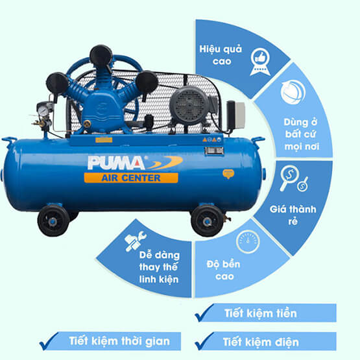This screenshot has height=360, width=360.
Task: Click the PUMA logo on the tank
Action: point(135,163)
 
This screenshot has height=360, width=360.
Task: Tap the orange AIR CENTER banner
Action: point(131,178)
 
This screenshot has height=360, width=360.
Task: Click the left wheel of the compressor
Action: point(53,221)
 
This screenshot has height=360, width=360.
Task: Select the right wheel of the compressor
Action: point(208,221)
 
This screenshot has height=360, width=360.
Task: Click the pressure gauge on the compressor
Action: point(43,111)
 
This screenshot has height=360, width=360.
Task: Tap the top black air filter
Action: point(101,56)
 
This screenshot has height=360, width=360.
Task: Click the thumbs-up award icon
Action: point(260,62)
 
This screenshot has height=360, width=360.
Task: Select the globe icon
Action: point(293,92)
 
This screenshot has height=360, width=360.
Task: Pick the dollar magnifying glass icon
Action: point(293,178)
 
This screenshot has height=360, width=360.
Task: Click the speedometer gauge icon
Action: point(248,241)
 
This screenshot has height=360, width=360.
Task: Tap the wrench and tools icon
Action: point(135,241)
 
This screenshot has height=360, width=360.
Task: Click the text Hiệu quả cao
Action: point(221,55)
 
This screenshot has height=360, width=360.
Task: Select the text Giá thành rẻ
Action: point(293,215)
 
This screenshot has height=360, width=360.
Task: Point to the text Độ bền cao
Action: point(223,270)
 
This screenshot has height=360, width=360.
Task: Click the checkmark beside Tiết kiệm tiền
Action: point(204,313)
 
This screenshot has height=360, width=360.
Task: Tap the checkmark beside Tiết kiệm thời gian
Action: point(49,341)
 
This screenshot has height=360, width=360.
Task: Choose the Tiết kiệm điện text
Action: point(261,342)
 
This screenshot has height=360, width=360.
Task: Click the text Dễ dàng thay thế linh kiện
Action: point(159,267)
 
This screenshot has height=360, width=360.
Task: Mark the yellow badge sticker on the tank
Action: point(228,174)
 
